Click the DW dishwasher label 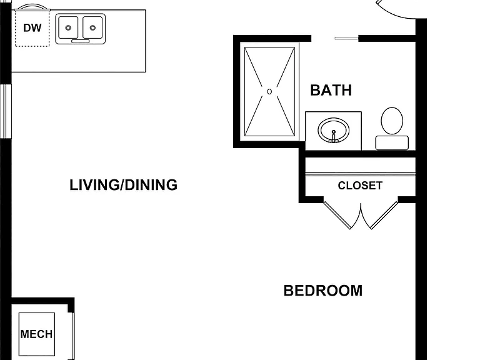[x=32, y=28]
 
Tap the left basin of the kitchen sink [x=68, y=27]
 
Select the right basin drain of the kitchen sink [x=92, y=28]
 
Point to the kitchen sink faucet [x=80, y=41]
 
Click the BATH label [x=331, y=90]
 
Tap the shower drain [x=269, y=91]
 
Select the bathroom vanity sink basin [x=333, y=130]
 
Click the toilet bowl [x=392, y=121]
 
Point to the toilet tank [x=392, y=143]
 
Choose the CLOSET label [x=360, y=186]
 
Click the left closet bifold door [x=338, y=215]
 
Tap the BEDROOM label [x=323, y=291]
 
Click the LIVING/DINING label [x=123, y=185]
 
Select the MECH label [x=36, y=334]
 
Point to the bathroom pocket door [x=346, y=38]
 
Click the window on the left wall [x=6, y=111]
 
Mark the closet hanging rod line [x=360, y=174]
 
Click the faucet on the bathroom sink [x=334, y=137]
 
